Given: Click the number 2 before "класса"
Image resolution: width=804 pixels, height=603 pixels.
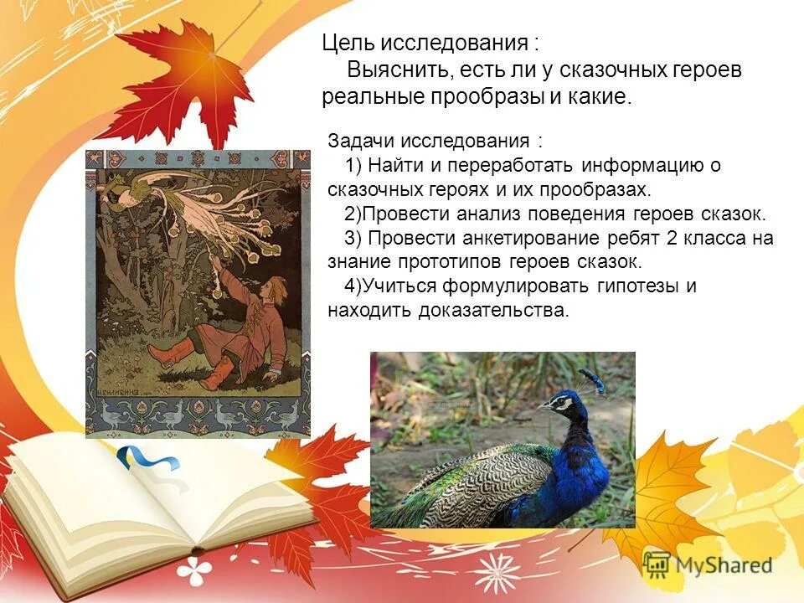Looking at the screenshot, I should [671, 238].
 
